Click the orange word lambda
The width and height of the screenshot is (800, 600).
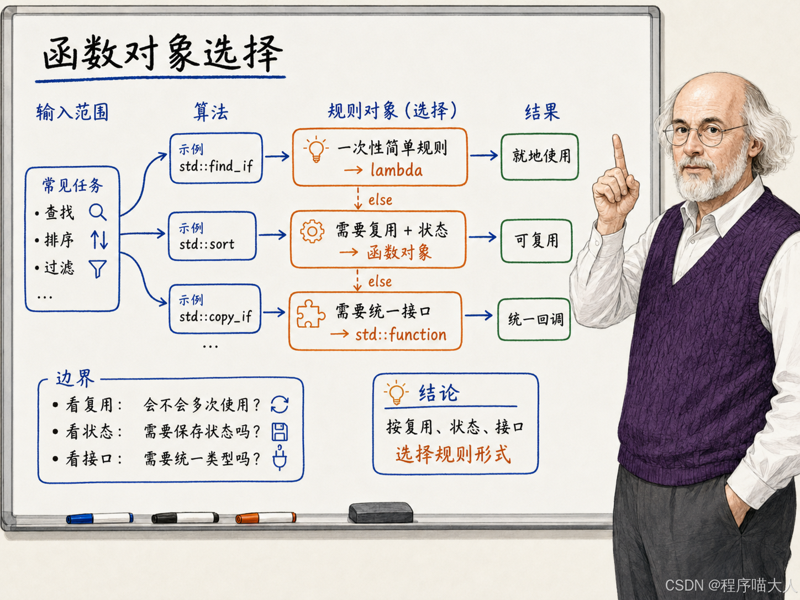point(397,171)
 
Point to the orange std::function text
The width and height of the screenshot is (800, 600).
point(401,334)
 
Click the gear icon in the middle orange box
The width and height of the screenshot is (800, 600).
point(312,231)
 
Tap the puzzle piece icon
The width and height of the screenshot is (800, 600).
point(310,314)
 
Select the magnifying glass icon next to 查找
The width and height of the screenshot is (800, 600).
point(98,212)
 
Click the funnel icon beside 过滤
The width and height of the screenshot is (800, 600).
point(98,269)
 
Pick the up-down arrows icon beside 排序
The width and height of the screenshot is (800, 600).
point(99,240)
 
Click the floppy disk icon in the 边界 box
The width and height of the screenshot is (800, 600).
point(280,432)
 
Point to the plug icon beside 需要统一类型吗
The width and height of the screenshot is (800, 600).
point(280,458)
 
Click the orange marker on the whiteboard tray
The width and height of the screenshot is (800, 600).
point(266,518)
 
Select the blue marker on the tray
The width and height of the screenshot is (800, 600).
point(99,518)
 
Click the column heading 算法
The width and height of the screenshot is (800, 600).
point(211,112)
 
